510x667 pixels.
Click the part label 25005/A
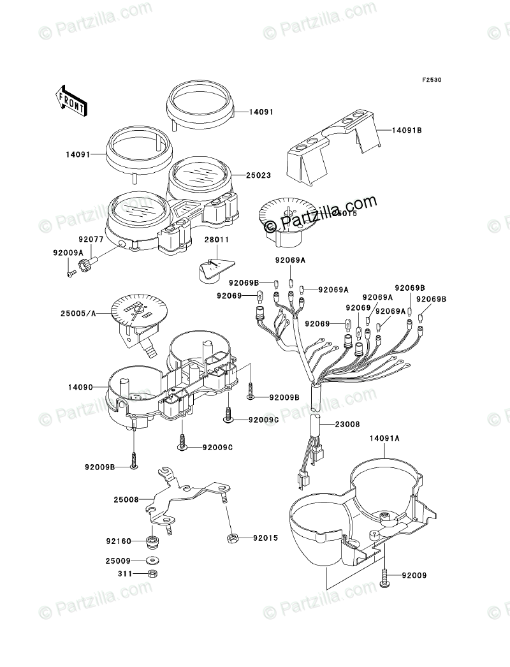[79, 314]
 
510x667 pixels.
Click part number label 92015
[265, 538]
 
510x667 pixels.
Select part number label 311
[124, 574]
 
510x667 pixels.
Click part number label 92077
[91, 240]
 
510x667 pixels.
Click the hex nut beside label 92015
[233, 539]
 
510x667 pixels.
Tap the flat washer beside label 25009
[153, 562]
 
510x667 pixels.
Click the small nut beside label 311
[152, 574]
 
